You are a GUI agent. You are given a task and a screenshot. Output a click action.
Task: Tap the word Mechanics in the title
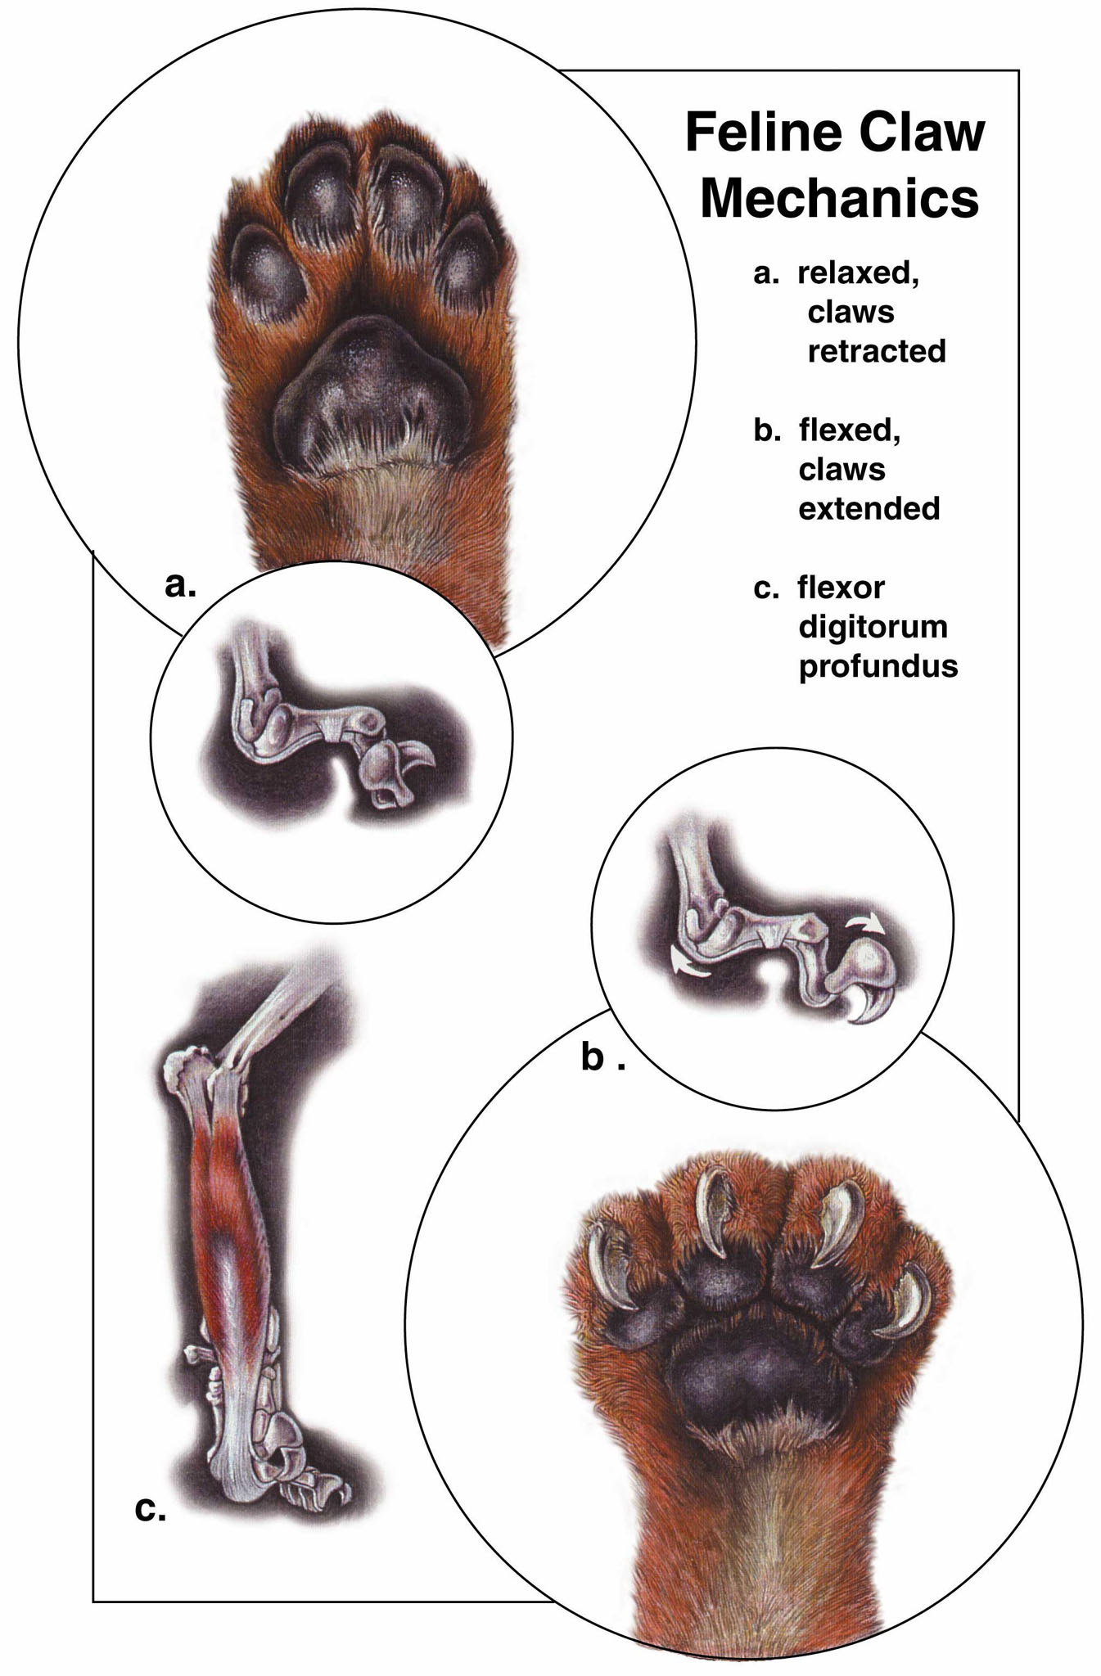coord(839,198)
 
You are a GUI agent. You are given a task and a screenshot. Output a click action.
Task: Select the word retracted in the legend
coord(876,351)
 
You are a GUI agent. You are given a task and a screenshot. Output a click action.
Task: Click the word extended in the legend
coord(869,508)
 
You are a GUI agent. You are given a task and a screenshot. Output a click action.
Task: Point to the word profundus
coord(878,665)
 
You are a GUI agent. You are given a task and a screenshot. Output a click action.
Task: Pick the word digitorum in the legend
coord(873,627)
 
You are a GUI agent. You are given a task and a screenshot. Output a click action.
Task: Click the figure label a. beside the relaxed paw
coord(180,584)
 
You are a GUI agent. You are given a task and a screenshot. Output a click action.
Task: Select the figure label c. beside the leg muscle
coord(150,1508)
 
